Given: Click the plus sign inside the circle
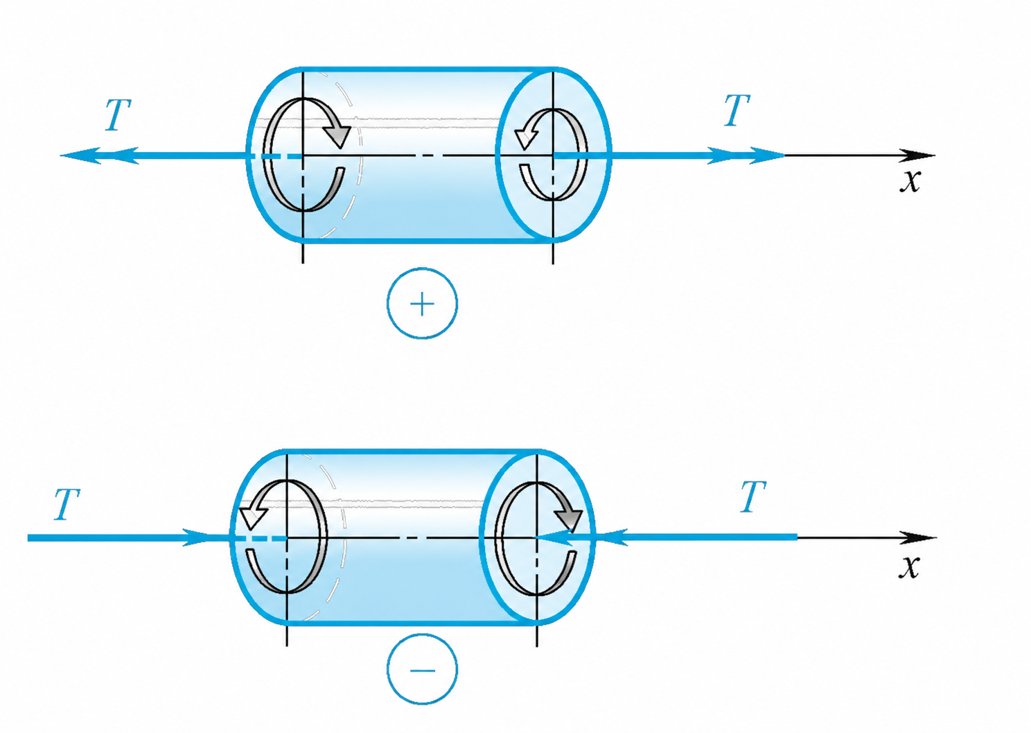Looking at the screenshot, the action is (422, 304).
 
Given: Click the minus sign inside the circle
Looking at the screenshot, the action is (422, 671).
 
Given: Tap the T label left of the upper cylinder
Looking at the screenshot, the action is (118, 114).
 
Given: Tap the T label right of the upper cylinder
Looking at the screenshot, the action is (737, 110).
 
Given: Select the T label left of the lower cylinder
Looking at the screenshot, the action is (67, 504).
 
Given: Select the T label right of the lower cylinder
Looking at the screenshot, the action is (753, 497).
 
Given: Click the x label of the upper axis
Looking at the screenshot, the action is (910, 181).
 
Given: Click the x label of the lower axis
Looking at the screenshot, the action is (910, 567).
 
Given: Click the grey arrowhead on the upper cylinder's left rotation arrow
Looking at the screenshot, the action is (337, 135).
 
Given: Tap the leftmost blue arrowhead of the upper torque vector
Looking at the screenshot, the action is (80, 155).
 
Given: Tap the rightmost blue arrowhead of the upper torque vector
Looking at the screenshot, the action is (767, 155).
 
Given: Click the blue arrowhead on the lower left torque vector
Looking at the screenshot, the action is (197, 537).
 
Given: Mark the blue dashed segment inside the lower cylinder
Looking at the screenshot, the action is (259, 538).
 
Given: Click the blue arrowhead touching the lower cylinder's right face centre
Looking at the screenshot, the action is (554, 537).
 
